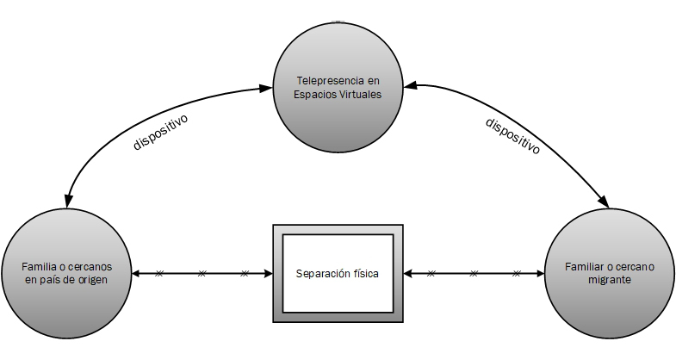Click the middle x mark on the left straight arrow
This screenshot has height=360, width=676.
202,274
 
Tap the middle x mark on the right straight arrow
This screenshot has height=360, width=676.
473,274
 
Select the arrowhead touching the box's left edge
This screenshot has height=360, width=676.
267,274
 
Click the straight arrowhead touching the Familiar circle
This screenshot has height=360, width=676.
541,274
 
